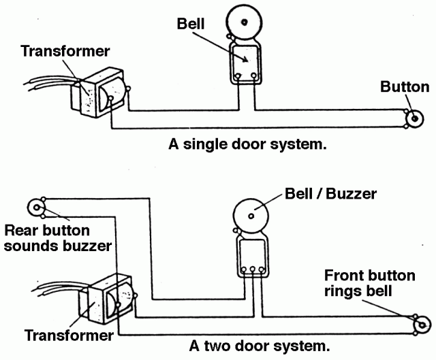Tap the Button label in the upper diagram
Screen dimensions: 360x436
405,87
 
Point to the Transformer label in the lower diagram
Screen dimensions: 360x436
69,336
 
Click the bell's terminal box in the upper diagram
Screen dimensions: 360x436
245,63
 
